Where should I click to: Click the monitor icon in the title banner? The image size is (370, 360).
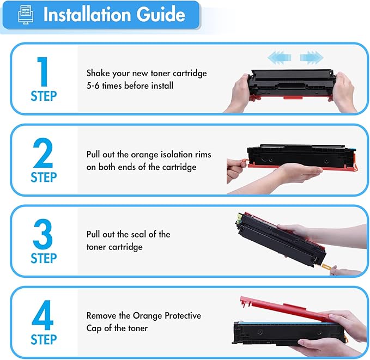(23, 15)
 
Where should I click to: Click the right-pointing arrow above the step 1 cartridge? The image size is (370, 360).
(311, 56)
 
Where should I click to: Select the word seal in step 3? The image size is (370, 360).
(140, 234)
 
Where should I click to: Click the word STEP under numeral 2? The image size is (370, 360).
(44, 178)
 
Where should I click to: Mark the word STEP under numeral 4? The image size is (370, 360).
(44, 340)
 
